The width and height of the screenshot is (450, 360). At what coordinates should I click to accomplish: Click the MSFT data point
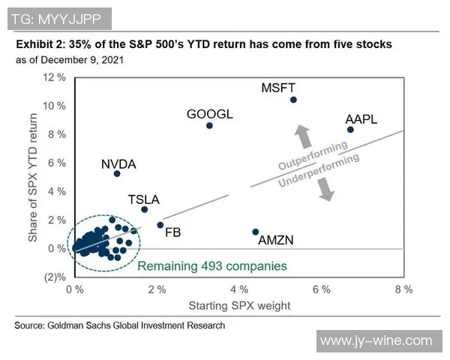coord(293,100)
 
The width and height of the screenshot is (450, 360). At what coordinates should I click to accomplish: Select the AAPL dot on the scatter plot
coord(350,130)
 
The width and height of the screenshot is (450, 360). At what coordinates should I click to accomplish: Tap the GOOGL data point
coord(209,125)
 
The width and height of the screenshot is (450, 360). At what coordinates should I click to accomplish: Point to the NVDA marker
coord(117,173)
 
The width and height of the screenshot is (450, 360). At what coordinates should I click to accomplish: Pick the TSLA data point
coord(145,209)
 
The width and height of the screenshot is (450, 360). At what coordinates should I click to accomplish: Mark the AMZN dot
coord(256,232)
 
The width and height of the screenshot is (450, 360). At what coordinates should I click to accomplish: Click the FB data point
coord(160,224)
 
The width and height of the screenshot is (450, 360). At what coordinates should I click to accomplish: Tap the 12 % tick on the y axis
coord(53,78)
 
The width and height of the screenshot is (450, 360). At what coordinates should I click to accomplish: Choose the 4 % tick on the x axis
coord(239,289)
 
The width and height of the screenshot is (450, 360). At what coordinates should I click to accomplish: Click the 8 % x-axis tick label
coord(403,289)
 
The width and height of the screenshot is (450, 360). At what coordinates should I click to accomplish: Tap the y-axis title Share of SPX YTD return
coord(33,177)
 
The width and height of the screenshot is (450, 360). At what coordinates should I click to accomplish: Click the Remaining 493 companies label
coord(211,265)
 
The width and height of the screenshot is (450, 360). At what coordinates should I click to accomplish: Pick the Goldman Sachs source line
coord(120,325)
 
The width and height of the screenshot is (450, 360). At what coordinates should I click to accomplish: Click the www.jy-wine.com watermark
coord(376,341)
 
